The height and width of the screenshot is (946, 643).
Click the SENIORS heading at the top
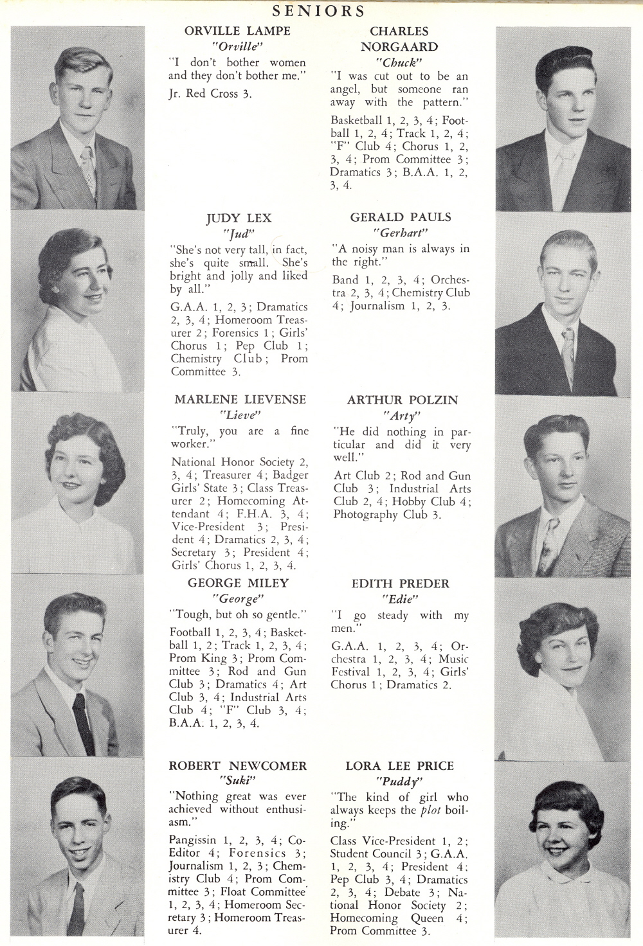tap(318, 11)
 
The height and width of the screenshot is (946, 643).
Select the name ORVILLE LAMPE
tap(237, 31)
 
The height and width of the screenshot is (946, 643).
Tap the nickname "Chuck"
tap(399, 63)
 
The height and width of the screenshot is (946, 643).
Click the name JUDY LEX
tap(239, 219)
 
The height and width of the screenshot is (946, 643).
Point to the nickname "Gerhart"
tap(400, 233)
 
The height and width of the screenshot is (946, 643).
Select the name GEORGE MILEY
tap(238, 584)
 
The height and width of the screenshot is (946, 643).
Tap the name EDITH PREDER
tap(400, 584)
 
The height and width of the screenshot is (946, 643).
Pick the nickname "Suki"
tap(238, 781)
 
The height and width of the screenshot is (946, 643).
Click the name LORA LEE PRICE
tap(399, 766)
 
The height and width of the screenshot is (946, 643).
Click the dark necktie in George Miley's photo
tap(84, 723)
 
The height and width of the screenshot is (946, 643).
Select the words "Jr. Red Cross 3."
tap(210, 94)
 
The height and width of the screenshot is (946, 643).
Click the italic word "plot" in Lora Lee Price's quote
tap(430, 810)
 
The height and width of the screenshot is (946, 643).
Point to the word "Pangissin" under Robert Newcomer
tap(192, 841)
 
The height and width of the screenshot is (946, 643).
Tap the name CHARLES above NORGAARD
tap(399, 31)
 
